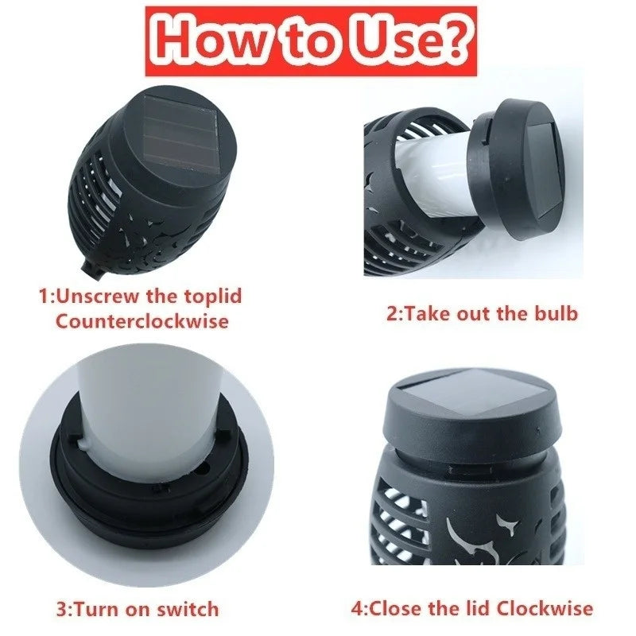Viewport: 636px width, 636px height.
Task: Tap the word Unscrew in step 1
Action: pyautogui.click(x=104, y=297)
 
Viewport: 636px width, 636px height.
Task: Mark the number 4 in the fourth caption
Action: pyautogui.click(x=357, y=609)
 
